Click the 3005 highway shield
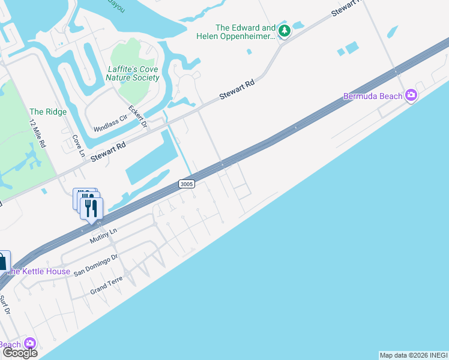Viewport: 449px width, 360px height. coord(186,184)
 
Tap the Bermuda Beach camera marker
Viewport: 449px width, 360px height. coord(411,95)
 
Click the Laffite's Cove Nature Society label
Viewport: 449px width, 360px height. coord(133,73)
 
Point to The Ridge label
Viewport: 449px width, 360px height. coord(48,112)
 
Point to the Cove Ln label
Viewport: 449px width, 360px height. coord(78,146)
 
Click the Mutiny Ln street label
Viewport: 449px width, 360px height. coord(103,236)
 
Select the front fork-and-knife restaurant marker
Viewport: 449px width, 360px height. coord(91,208)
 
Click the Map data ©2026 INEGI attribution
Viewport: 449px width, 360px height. coord(414,355)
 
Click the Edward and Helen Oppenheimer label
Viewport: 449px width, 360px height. coord(246,32)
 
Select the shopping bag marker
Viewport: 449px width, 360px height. coord(3,261)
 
